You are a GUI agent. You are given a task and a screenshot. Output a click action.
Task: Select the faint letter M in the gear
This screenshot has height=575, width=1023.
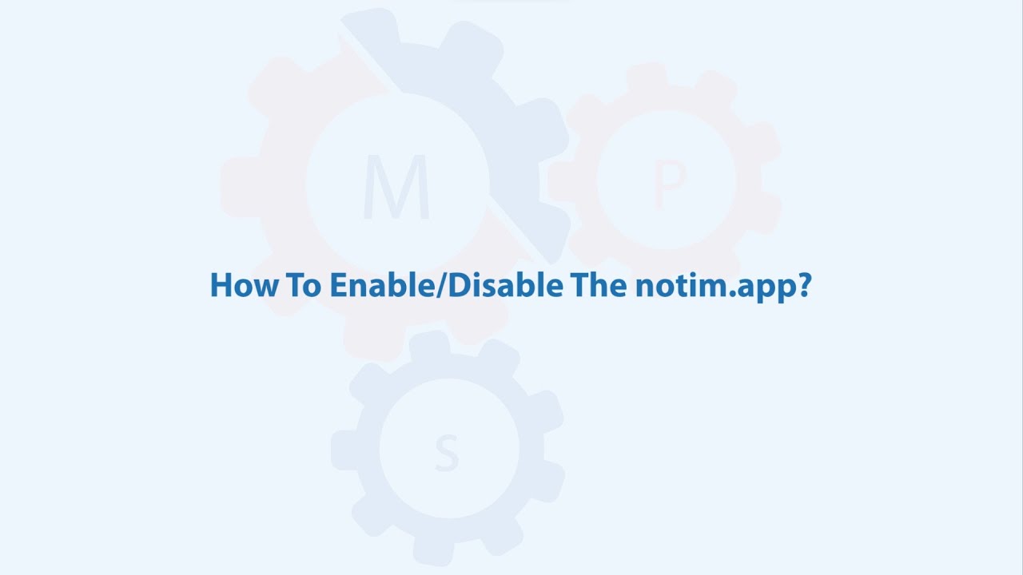coord(396,188)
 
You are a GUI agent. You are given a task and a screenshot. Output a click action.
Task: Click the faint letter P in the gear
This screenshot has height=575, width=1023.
coord(670,184)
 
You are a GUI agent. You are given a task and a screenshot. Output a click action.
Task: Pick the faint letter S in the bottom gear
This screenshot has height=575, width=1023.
coord(447,453)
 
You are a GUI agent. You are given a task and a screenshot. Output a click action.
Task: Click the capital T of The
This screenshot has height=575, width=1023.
coord(577,285)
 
